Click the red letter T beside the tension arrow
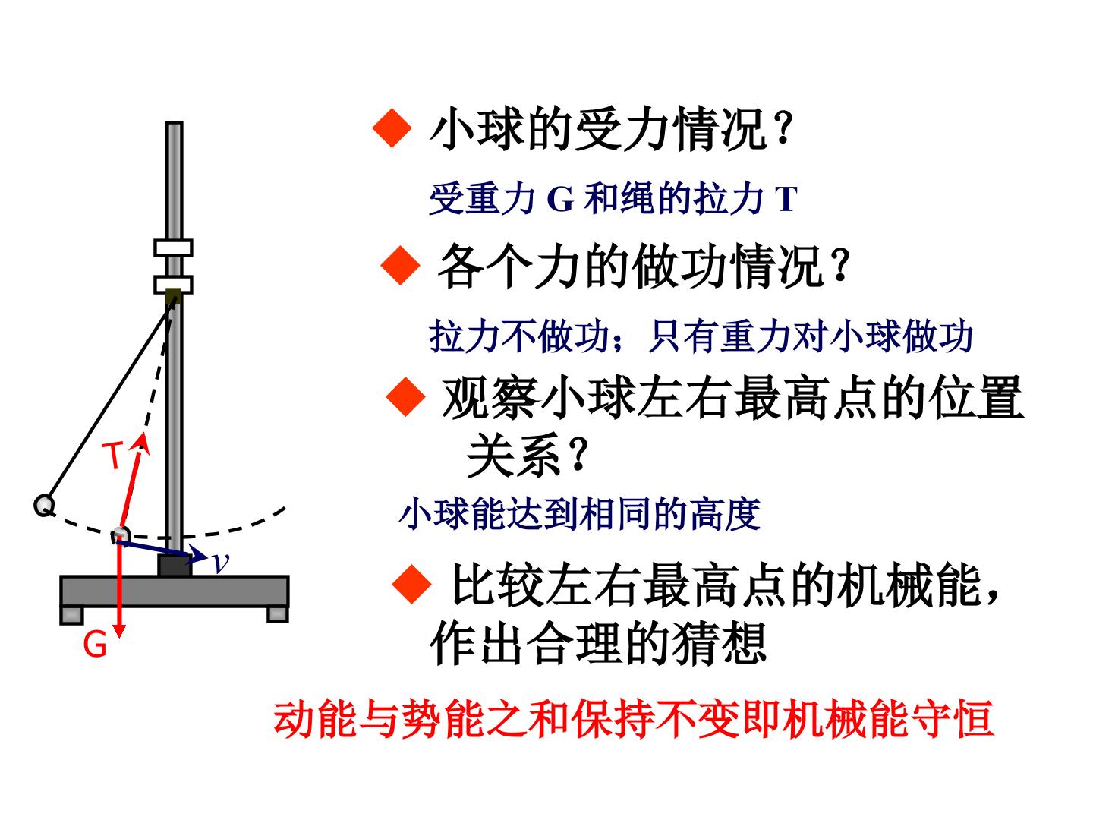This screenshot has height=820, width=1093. [x=112, y=455]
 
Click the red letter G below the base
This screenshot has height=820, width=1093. [x=95, y=645]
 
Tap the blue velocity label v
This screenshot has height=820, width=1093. [x=221, y=563]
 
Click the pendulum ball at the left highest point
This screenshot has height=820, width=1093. [x=44, y=506]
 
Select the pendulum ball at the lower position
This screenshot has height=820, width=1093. [x=121, y=536]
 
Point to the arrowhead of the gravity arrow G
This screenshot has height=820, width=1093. [x=119, y=630]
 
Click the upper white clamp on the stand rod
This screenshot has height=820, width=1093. [x=173, y=248]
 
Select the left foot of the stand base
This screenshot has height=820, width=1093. [x=71, y=615]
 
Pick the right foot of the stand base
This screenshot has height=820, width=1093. [x=278, y=614]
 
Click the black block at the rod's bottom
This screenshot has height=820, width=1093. [x=175, y=566]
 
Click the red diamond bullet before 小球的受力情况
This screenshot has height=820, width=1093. [x=392, y=128]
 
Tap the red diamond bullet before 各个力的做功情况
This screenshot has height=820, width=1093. [x=400, y=266]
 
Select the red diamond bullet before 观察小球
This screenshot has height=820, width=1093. [x=406, y=397]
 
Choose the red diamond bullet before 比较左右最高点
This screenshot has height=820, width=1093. [x=412, y=585]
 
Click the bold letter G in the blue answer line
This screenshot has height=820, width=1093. [x=560, y=199]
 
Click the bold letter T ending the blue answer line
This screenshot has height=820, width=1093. [x=786, y=199]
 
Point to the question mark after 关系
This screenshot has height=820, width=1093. [x=578, y=453]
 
